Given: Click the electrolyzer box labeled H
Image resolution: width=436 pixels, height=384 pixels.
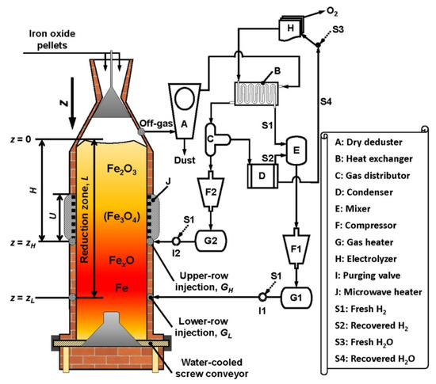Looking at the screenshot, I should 292,25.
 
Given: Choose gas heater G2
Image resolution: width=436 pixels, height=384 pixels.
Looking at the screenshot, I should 210,239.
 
